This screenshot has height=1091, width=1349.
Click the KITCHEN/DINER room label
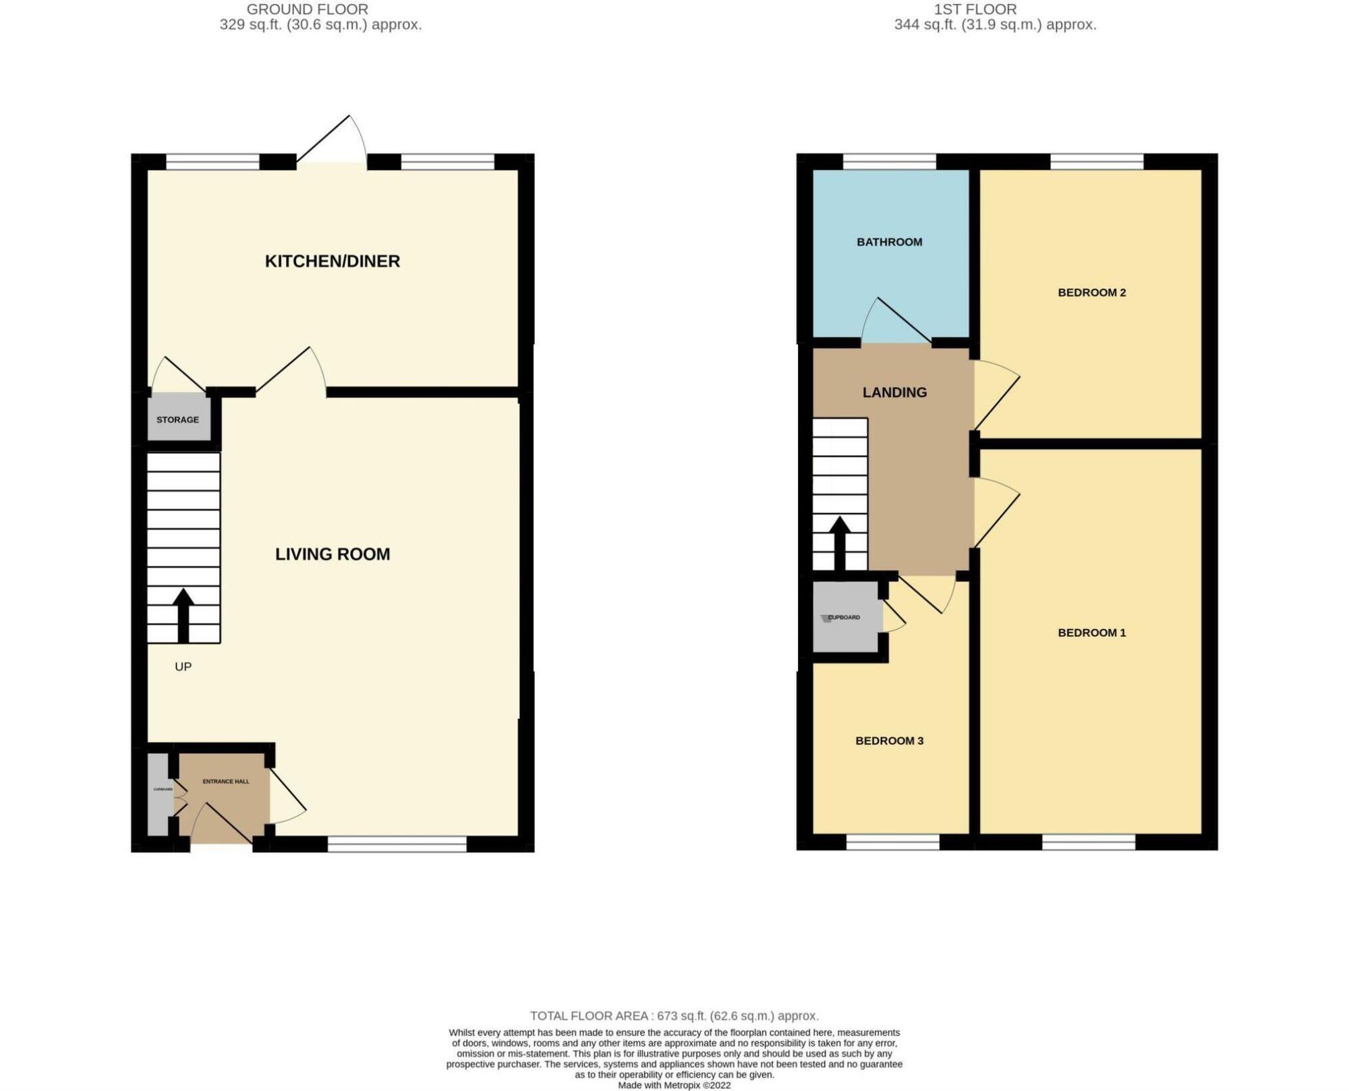point(332,261)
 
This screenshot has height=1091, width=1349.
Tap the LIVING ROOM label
point(332,554)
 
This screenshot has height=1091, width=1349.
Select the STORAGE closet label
point(177,419)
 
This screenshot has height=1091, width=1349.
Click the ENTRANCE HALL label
point(226,782)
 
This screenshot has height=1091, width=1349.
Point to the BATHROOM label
point(889,242)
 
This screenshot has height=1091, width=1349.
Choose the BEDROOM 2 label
point(1091,292)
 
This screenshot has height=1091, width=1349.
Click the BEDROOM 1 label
point(1091,632)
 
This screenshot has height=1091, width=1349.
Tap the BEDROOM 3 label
point(889,740)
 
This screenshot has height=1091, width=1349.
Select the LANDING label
point(894,392)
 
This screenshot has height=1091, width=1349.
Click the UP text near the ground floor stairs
point(183,666)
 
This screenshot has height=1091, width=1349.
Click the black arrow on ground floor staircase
point(183,614)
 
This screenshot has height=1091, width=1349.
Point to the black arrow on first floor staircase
point(839,543)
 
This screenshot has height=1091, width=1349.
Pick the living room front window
point(397,843)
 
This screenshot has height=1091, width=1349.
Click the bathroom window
point(889,161)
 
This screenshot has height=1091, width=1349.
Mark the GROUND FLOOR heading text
point(307,9)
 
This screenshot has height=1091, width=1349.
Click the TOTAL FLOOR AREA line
point(674,1015)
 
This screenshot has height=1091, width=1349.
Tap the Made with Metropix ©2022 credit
point(674,1085)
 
